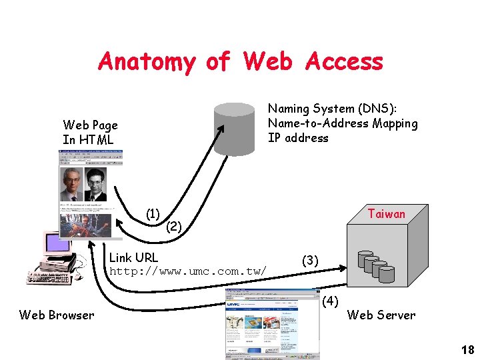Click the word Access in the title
pyautogui.click(x=345, y=61)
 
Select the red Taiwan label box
pyautogui.click(x=387, y=214)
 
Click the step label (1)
pyautogui.click(x=153, y=214)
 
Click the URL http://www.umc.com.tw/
pyautogui.click(x=188, y=271)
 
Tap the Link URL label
pyautogui.click(x=133, y=257)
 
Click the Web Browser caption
pyautogui.click(x=57, y=315)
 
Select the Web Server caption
pyautogui.click(x=381, y=315)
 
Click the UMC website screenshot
pyautogui.click(x=272, y=324)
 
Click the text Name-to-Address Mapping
pyautogui.click(x=343, y=123)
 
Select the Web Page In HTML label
pyautogui.click(x=90, y=132)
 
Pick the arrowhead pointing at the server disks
pyautogui.click(x=343, y=268)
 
